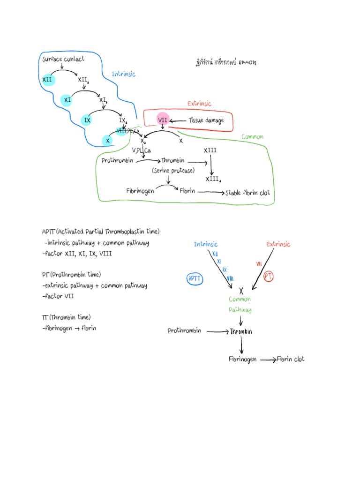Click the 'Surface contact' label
pyautogui.click(x=63, y=59)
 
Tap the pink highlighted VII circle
pyautogui.click(x=163, y=120)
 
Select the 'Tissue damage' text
pyautogui.click(x=206, y=120)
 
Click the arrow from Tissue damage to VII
pyautogui.click(x=178, y=120)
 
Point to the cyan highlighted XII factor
pyautogui.click(x=48, y=80)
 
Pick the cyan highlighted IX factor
pyautogui.click(x=87, y=120)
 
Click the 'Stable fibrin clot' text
pyautogui.click(x=248, y=193)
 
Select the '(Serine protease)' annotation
pyautogui.click(x=172, y=171)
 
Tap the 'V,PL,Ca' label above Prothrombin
pyautogui.click(x=141, y=150)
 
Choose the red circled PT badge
pyautogui.click(x=269, y=277)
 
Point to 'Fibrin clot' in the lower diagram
pyautogui.click(x=290, y=359)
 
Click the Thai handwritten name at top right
pyautogui.click(x=226, y=62)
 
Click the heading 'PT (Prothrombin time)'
pyautogui.click(x=71, y=275)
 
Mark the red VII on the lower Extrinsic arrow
pyautogui.click(x=259, y=264)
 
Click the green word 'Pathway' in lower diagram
pyautogui.click(x=240, y=310)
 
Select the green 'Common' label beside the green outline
pyautogui.click(x=252, y=137)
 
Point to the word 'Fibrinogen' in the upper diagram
pyautogui.click(x=140, y=191)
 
